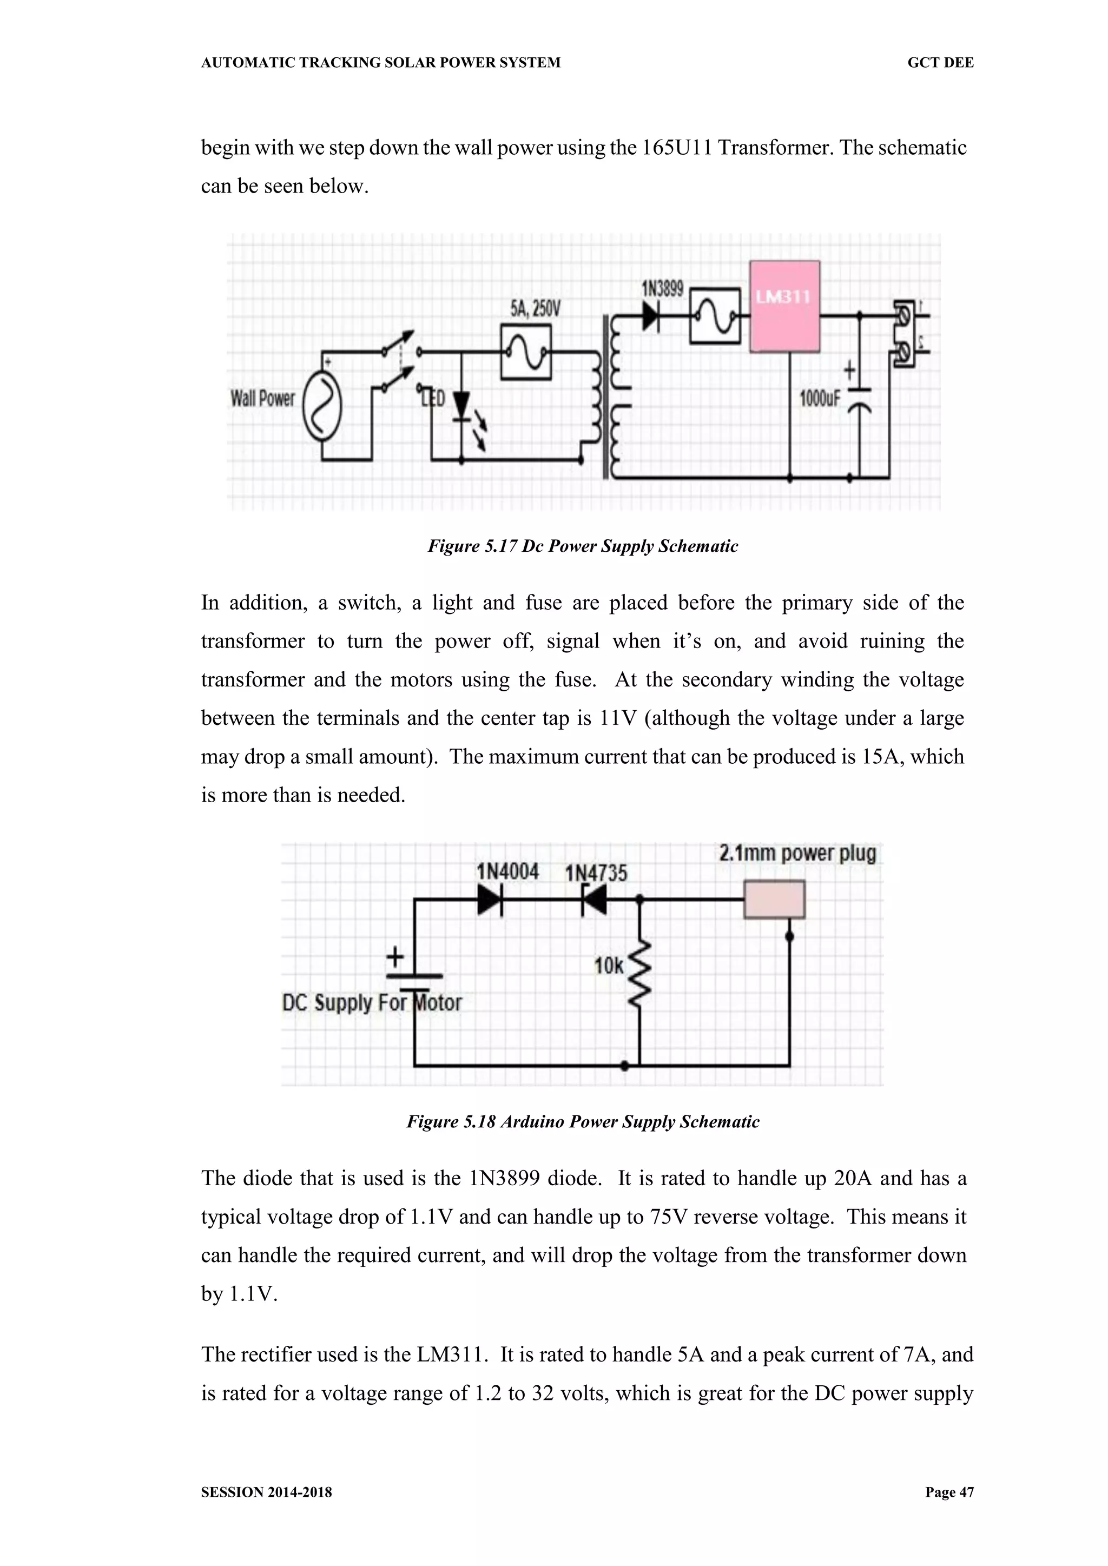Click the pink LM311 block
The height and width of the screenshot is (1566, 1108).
[x=784, y=306]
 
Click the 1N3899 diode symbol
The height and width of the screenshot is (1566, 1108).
[x=650, y=316]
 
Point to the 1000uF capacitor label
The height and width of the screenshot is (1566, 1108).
[x=820, y=398]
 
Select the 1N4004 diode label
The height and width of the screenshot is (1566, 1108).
[x=507, y=871]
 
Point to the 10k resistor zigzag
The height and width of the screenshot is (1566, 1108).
[x=639, y=973]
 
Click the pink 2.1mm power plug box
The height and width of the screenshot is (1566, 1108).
[x=774, y=899]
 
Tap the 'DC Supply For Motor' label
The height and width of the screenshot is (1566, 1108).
[x=372, y=1003]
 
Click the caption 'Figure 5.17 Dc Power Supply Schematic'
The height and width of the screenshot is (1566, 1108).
[x=583, y=546]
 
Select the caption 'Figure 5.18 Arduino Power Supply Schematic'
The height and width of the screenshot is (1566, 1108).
[x=583, y=1122]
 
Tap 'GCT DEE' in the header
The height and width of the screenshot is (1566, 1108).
[x=940, y=63]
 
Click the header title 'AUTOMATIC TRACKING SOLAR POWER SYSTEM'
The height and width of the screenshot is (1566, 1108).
[x=381, y=63]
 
